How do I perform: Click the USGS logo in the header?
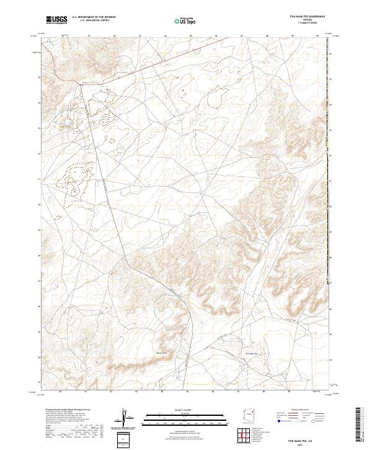[56, 20]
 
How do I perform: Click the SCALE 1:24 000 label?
[183, 409]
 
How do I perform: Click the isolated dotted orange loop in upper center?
[216, 98]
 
